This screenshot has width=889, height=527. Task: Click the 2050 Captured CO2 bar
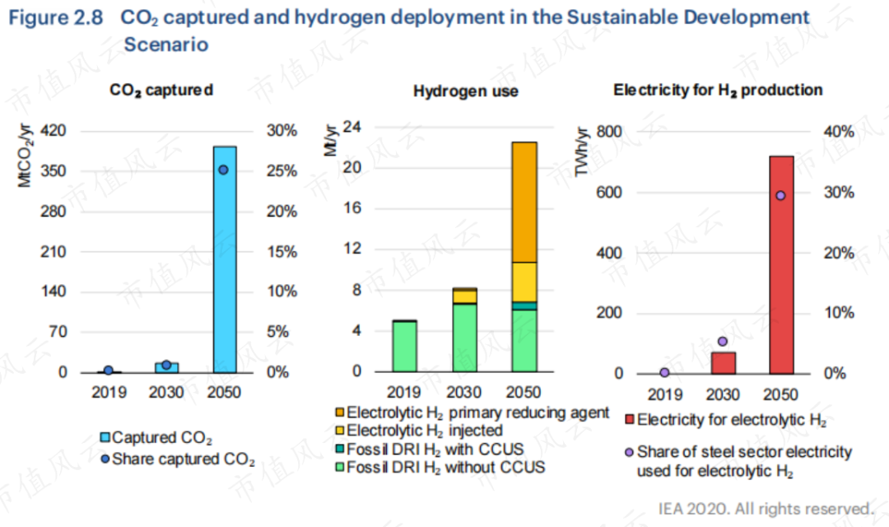225,259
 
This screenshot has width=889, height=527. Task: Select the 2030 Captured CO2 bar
166,367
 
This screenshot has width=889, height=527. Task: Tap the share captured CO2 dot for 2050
223,170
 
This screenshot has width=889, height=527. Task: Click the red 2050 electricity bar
781,263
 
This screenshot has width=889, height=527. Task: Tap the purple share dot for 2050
781,195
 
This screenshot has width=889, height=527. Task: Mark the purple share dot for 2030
723,342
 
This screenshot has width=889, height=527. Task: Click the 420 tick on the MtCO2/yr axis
54,131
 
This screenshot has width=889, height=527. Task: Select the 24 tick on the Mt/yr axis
352,128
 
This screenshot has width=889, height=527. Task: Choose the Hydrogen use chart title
465,91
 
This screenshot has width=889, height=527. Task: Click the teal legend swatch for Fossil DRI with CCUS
339,450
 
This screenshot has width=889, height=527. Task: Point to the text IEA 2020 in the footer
694,508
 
